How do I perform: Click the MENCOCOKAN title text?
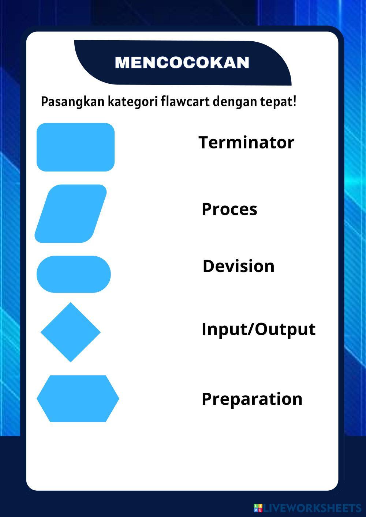tap(182, 62)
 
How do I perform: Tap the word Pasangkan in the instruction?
tap(72, 102)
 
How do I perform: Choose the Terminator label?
tap(246, 142)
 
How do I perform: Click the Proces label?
tap(229, 209)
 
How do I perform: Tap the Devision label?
tap(239, 266)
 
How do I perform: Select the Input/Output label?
tap(258, 329)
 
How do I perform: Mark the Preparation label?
tap(252, 399)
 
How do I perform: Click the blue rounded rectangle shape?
tap(75, 147)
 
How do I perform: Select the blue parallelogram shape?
tap(71, 214)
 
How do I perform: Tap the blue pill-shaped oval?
tap(74, 274)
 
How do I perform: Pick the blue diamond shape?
tap(71, 332)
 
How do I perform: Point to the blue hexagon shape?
tap(78, 399)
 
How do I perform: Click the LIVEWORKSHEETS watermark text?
tap(312, 508)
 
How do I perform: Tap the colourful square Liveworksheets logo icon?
tap(258, 508)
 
